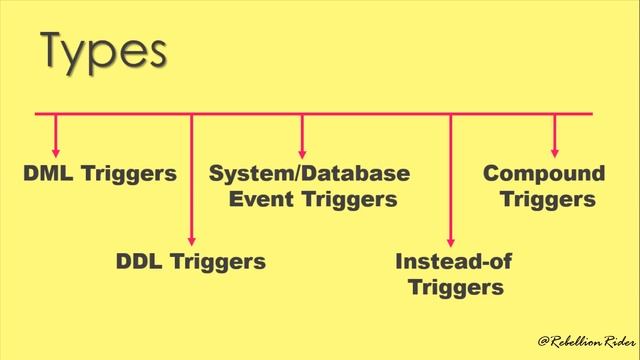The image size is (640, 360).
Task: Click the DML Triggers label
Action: tap(100, 174)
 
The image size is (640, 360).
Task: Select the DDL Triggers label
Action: tap(191, 262)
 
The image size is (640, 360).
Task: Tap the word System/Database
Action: tap(310, 173)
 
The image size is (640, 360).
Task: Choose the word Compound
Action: tap(544, 173)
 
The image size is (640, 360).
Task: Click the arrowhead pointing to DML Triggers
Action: tap(56, 151)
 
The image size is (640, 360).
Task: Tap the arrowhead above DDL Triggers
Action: tap(191, 239)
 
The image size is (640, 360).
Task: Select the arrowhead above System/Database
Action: tap(302, 151)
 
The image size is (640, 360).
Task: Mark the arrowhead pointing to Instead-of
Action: tap(451, 239)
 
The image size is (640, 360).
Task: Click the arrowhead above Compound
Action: tap(555, 151)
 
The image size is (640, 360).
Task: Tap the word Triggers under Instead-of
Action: tap(449, 288)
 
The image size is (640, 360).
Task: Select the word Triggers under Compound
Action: tap(548, 199)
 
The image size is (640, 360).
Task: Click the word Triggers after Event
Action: tap(349, 199)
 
